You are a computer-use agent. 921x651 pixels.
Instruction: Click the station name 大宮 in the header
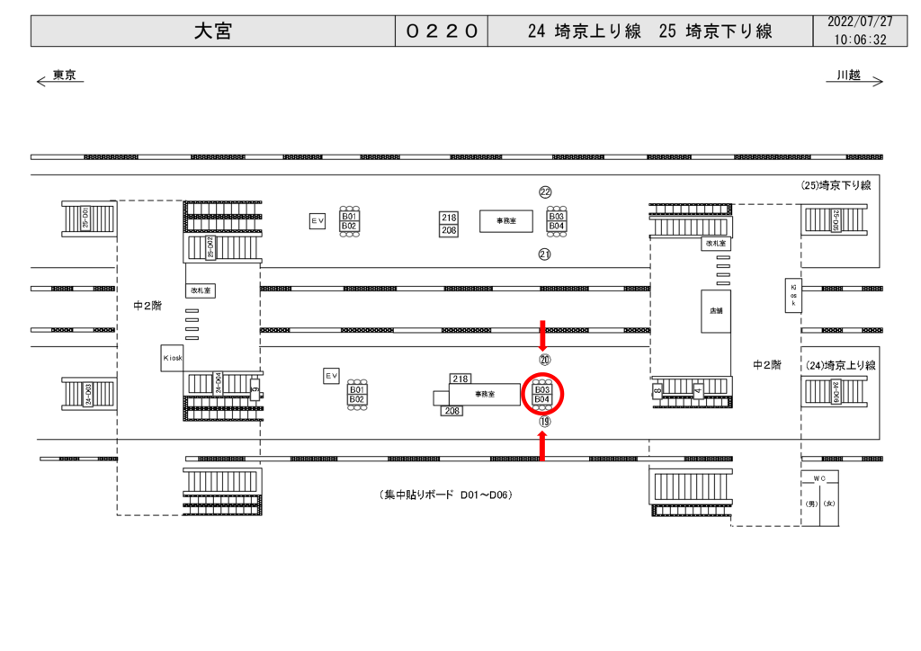tap(213, 31)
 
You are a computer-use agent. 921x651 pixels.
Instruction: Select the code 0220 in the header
tap(441, 31)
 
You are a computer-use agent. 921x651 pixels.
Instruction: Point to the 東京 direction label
tap(63, 76)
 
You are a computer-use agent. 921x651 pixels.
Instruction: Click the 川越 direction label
tap(848, 76)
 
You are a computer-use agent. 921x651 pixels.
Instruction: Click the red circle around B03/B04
tap(542, 394)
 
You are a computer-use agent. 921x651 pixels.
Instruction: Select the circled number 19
tap(544, 421)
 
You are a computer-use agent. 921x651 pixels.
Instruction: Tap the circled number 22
tap(545, 192)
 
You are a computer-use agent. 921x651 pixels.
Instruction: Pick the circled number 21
tap(545, 254)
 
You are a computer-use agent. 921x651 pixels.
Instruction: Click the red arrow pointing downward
tap(542, 335)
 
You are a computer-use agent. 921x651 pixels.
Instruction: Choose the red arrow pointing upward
tap(542, 446)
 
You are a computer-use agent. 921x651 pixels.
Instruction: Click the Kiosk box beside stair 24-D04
tap(173, 357)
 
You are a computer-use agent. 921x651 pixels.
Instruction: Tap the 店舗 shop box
tap(716, 311)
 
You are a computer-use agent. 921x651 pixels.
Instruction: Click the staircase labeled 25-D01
tap(88, 218)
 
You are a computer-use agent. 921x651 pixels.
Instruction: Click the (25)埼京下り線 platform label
tap(836, 185)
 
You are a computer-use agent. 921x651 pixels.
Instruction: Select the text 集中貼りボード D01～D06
tap(446, 495)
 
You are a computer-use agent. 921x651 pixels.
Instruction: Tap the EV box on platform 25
tap(317, 220)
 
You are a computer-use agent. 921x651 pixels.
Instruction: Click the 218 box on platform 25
tap(449, 218)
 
